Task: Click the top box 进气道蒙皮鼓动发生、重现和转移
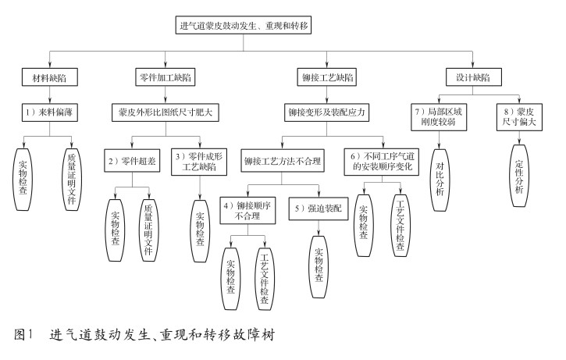pos(244,25)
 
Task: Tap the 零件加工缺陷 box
pos(165,78)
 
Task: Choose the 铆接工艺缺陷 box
pos(326,78)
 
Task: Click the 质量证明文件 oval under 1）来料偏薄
pos(71,178)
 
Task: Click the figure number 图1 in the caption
pos(24,337)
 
